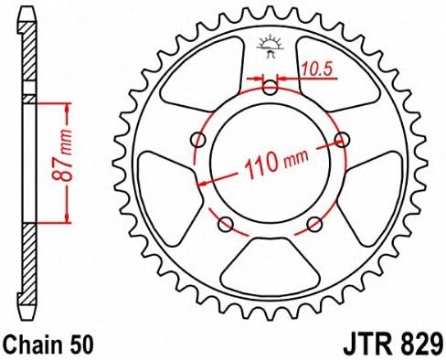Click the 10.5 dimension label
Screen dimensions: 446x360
[316, 69]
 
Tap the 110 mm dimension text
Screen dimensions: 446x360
[277, 163]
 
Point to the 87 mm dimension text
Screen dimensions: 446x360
[62, 155]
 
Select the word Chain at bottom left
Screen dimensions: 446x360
[34, 344]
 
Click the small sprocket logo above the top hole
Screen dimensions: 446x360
[270, 47]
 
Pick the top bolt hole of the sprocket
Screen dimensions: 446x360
[270, 88]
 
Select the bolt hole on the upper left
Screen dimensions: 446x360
[197, 140]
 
